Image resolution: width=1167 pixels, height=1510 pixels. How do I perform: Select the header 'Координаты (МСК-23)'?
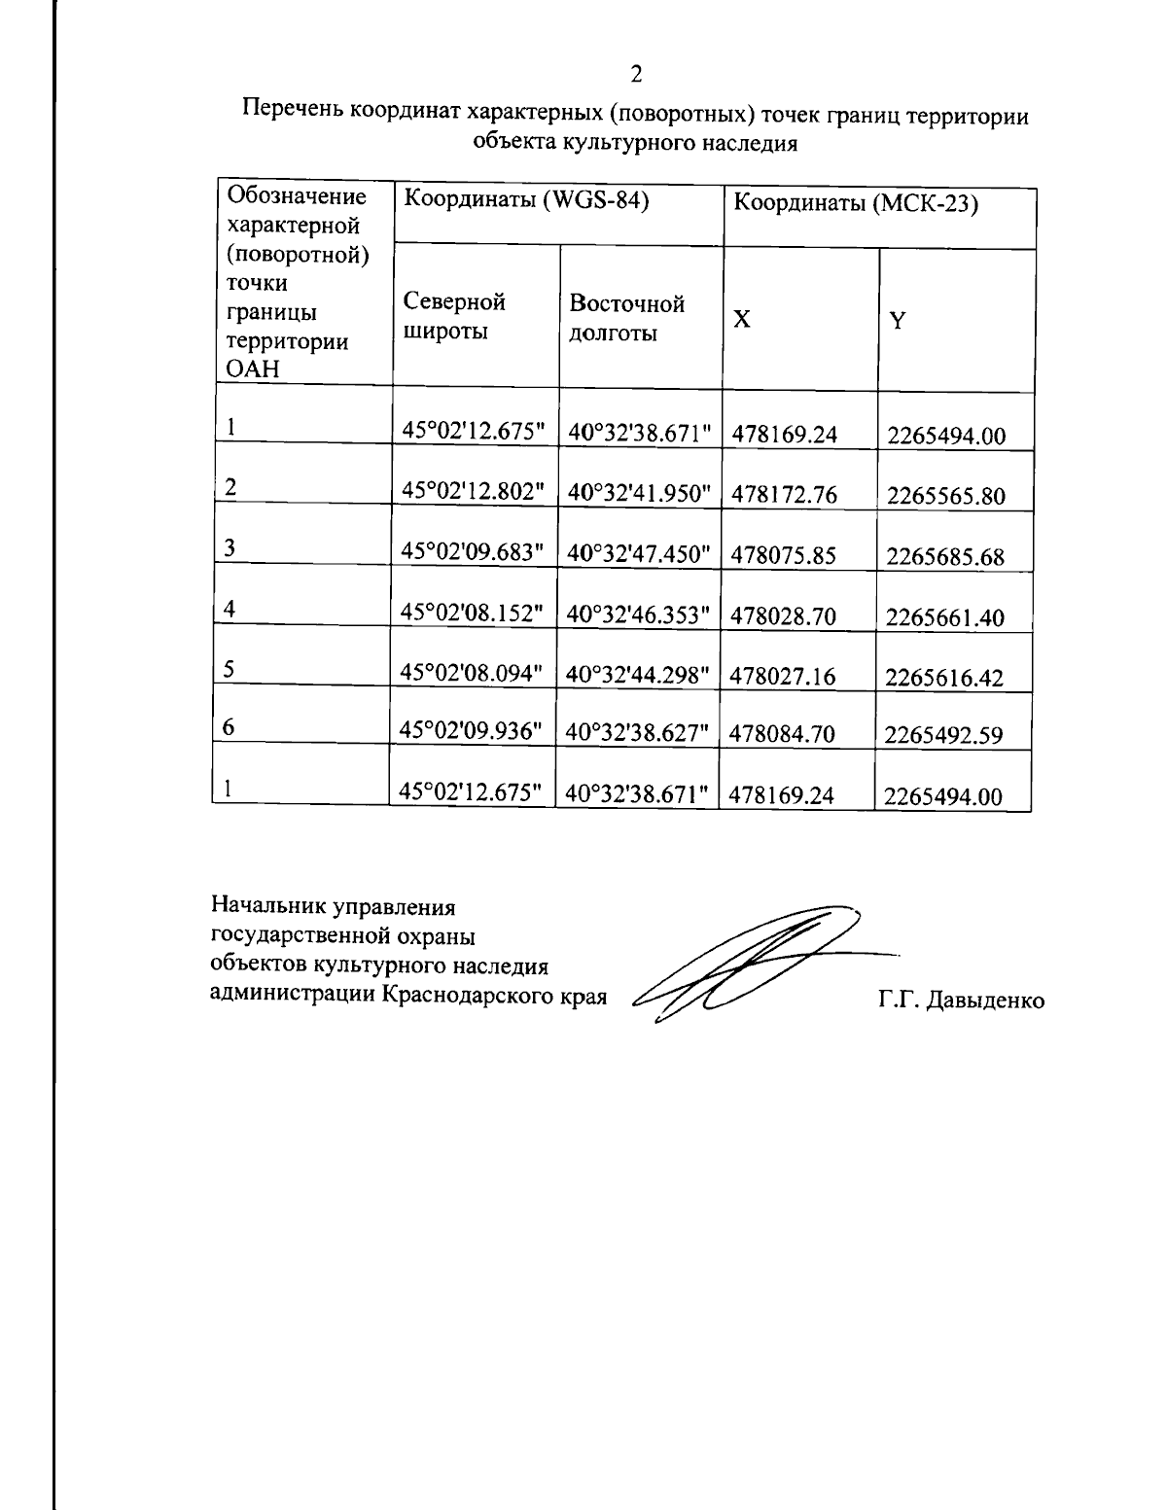855,204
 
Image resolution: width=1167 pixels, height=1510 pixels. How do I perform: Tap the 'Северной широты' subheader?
454,317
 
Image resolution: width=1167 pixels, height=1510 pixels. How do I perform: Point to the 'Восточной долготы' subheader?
627,318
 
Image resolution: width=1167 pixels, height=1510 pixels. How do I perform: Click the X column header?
741,319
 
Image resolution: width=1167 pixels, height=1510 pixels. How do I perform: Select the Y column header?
898,320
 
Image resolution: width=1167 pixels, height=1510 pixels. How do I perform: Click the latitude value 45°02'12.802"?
473,492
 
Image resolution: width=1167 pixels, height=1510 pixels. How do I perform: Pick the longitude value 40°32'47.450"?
639,554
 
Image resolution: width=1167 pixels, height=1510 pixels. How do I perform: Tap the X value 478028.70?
783,615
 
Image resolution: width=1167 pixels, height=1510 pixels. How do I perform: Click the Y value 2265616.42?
943,678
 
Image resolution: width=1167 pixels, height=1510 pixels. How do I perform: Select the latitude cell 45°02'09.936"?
471,731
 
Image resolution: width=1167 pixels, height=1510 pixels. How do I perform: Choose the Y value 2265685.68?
944,557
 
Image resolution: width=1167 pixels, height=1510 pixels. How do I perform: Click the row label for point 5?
230,668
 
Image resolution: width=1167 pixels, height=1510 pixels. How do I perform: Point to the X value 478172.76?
784,495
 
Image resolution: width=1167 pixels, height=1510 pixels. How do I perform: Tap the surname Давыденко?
985,1001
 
